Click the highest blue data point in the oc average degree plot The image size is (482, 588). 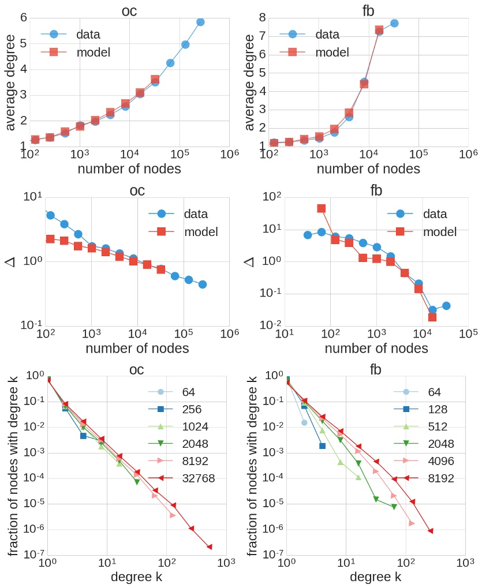click(200, 22)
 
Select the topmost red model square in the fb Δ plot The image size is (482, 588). click(322, 208)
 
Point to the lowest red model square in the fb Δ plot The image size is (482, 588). click(432, 317)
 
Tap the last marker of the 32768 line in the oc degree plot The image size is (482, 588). click(209, 546)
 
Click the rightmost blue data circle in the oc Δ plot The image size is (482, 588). click(202, 284)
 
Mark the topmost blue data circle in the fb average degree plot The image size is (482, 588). click(394, 23)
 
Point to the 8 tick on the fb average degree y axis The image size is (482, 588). click(261, 18)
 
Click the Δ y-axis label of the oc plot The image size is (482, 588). click(10, 261)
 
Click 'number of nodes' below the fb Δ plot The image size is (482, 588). click(376, 349)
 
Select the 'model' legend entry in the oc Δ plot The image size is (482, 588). click(201, 232)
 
